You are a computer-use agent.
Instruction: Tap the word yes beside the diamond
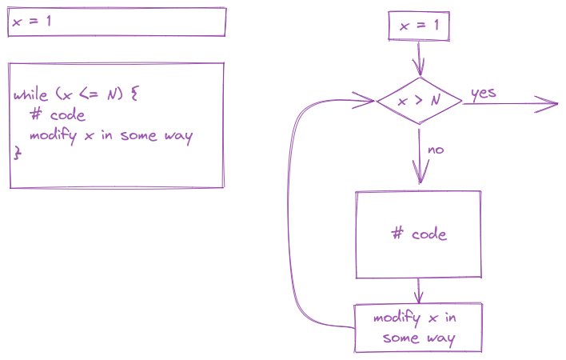click(484, 94)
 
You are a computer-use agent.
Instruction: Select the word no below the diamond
click(436, 150)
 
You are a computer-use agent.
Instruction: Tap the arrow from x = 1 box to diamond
click(419, 58)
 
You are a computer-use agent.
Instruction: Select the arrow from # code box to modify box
click(418, 291)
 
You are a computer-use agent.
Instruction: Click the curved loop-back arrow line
click(289, 217)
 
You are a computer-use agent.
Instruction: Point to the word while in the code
click(30, 94)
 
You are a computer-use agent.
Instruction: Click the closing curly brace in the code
click(17, 152)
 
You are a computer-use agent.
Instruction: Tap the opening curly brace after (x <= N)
click(134, 94)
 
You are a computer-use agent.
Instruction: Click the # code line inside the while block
click(58, 115)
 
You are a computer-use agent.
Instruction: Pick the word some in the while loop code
click(139, 136)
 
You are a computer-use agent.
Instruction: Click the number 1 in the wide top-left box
click(49, 21)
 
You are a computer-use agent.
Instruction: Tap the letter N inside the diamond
click(436, 100)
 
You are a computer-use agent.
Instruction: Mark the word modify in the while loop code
click(54, 136)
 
